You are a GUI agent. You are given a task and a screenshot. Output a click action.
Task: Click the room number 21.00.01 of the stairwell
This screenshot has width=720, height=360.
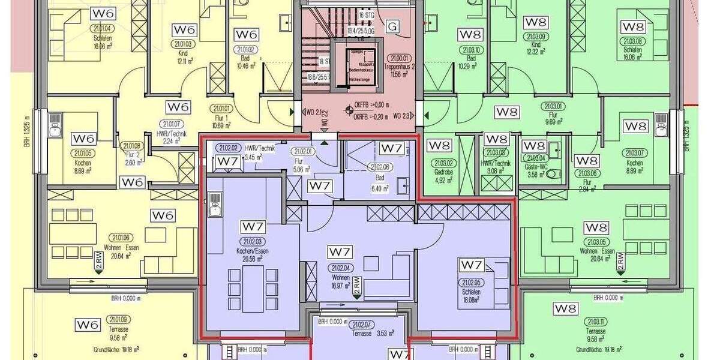[399, 59]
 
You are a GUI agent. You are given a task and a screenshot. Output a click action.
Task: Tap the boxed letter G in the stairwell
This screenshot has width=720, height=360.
[393, 26]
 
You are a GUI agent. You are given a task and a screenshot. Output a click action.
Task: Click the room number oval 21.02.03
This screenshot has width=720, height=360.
[253, 242]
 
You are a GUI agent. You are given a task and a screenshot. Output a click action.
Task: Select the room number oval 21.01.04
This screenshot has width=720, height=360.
[103, 28]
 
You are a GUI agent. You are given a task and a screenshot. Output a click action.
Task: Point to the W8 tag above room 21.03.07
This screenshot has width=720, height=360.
[635, 127]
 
